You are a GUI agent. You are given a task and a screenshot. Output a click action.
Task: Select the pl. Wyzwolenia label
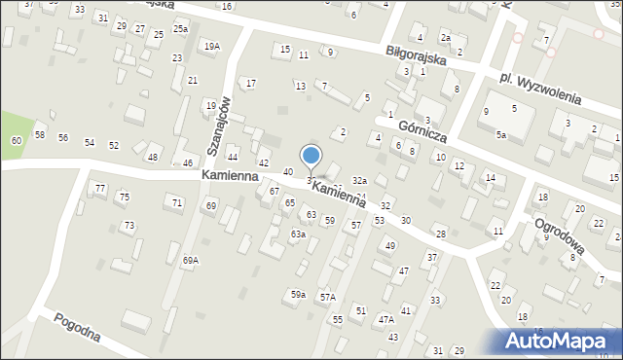click(x=537, y=87)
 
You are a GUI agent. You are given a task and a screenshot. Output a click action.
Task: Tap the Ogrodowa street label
click(x=558, y=239)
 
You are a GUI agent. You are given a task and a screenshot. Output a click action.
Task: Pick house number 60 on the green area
click(x=16, y=141)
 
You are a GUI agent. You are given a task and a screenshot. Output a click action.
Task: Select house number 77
click(x=99, y=187)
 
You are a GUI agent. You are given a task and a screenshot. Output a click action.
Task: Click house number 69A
click(x=190, y=260)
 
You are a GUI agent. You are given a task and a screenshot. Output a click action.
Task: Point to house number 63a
click(x=298, y=234)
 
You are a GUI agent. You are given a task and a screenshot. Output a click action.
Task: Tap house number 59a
click(x=298, y=294)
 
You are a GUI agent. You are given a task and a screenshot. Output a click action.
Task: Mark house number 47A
click(x=385, y=319)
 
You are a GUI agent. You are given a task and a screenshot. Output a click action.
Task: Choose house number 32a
click(x=359, y=181)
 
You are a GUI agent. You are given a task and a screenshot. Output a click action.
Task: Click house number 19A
click(x=211, y=46)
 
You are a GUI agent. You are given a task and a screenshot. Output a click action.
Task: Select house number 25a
click(x=180, y=29)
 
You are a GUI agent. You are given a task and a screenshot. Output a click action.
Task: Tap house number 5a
click(x=500, y=134)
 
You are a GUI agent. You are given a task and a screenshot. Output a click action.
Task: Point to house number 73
click(x=128, y=226)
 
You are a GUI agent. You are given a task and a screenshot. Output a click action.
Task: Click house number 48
click(x=153, y=157)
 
